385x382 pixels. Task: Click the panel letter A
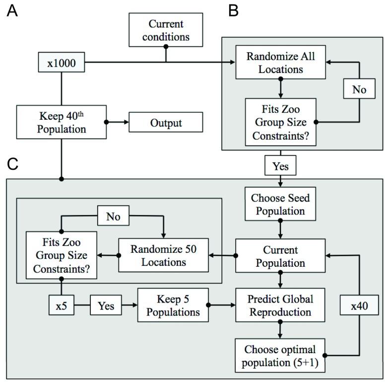(12, 11)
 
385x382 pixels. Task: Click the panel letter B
(234, 11)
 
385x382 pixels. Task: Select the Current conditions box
(165, 31)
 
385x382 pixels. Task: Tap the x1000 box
(61, 63)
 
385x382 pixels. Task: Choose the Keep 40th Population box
(62, 122)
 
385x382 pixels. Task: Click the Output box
(166, 122)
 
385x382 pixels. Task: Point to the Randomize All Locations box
(281, 63)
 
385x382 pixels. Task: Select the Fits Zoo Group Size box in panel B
(281, 122)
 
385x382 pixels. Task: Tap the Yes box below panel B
(281, 166)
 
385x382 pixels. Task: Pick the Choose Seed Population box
(281, 205)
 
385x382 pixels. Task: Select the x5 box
(61, 306)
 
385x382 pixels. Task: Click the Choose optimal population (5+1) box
(281, 354)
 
